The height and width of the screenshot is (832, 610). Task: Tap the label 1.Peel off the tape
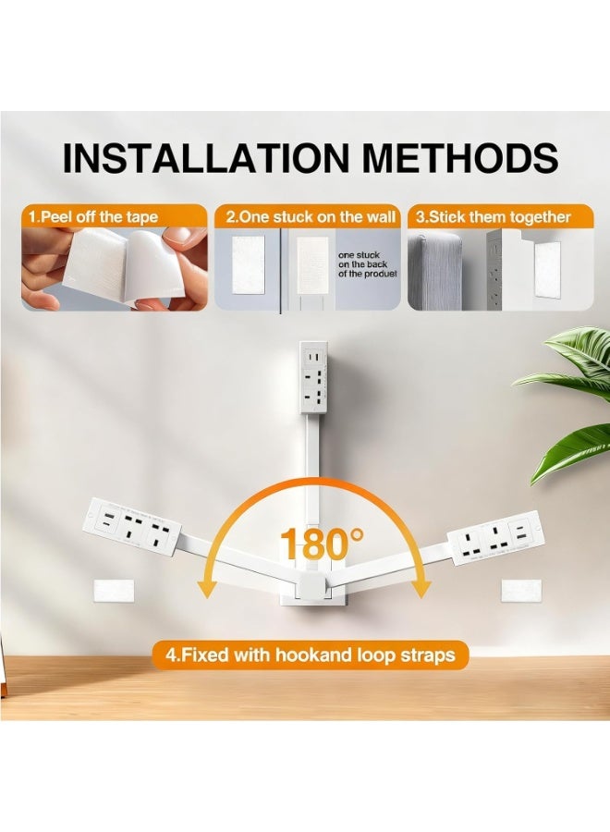93,217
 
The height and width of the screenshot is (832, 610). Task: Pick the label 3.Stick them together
492,217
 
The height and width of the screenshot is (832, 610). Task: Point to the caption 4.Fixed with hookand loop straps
311,655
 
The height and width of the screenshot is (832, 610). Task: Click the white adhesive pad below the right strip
514,590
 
